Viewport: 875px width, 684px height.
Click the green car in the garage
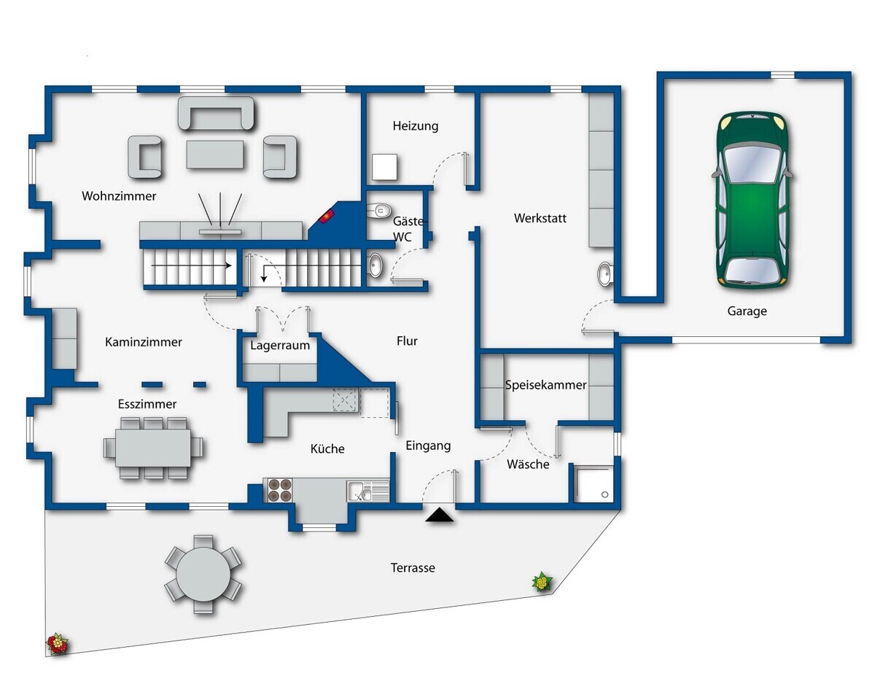752,200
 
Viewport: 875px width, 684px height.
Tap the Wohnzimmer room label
119,196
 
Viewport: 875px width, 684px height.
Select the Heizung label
416,126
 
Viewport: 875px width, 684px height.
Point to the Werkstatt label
540,218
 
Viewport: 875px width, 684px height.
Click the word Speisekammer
545,385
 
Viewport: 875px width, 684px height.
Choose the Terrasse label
413,567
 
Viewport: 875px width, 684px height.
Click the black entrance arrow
439,515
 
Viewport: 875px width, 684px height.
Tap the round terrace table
203,575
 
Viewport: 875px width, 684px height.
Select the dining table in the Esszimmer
153,448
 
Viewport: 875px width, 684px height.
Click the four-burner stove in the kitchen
280,490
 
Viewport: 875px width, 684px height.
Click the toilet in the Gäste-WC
379,210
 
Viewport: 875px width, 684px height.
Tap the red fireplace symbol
327,216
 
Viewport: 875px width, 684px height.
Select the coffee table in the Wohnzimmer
214,154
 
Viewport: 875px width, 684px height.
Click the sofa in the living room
217,113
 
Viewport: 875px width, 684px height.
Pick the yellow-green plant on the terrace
542,582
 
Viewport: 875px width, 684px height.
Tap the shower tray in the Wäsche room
593,484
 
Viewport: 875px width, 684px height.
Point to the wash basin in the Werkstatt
604,274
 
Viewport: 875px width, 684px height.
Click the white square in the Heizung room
384,167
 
